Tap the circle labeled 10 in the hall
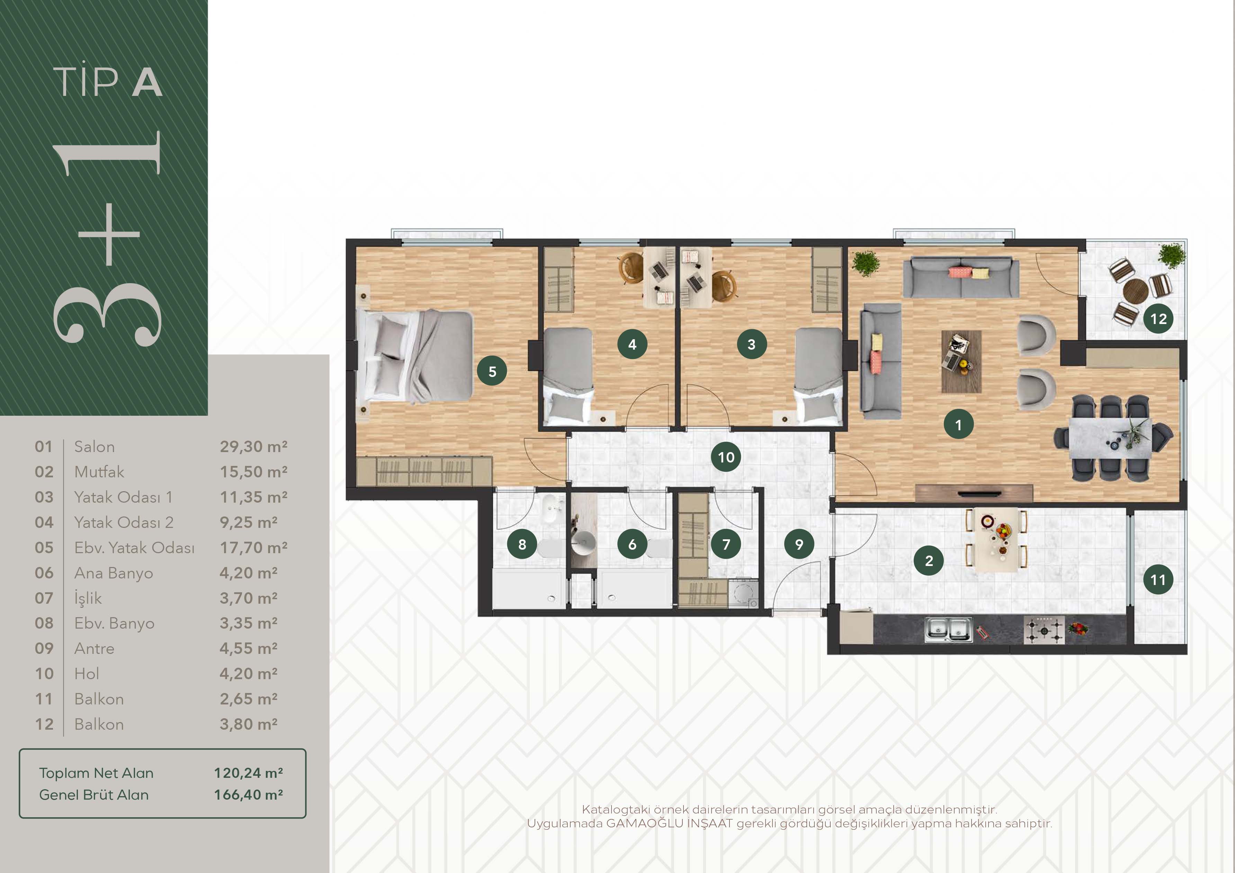(726, 457)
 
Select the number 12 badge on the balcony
(1158, 318)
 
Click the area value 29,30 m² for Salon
(253, 447)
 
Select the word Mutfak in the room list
(99, 472)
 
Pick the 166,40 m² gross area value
(249, 794)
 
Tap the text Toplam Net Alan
(96, 773)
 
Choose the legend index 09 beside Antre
(44, 648)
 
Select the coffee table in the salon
(961, 361)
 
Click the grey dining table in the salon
(1110, 438)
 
